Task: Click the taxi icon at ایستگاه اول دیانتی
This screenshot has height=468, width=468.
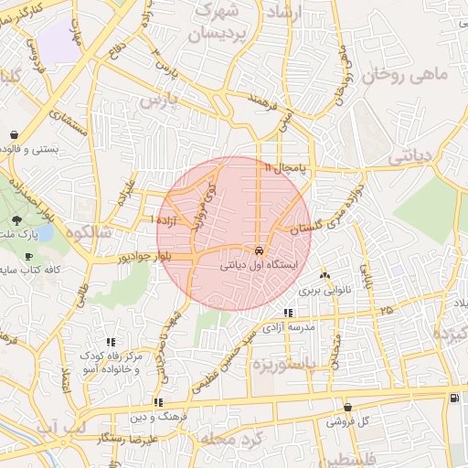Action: [x=260, y=250]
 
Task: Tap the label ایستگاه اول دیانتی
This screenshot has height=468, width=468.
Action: [x=260, y=266]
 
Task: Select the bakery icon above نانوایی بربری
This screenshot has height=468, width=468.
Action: [x=324, y=276]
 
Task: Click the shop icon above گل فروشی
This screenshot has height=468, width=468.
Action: [x=347, y=408]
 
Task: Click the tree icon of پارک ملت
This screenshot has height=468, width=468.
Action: [x=16, y=220]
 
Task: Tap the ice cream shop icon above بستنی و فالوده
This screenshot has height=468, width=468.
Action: [x=15, y=134]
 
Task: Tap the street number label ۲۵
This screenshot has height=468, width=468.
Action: [x=388, y=311]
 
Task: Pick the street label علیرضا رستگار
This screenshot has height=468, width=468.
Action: [x=134, y=440]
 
